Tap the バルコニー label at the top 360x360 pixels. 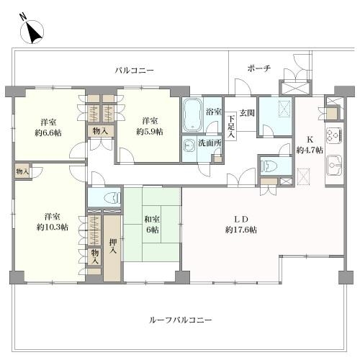(x=135, y=70)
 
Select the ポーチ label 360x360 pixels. (x=258, y=68)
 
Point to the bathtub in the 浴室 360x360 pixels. (x=192, y=113)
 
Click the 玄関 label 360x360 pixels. (x=247, y=112)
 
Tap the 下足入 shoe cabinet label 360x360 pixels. (x=230, y=125)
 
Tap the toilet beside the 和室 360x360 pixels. (x=105, y=197)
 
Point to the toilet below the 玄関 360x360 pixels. (x=272, y=166)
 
